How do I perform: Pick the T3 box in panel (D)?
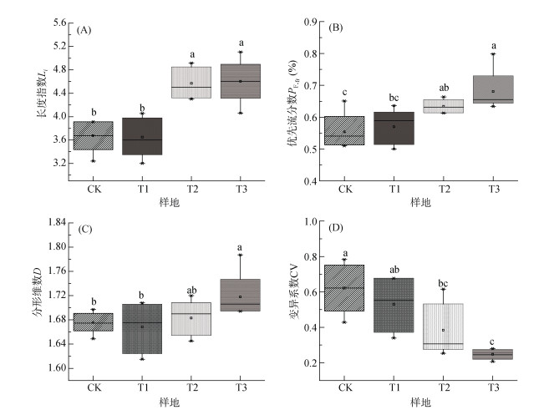coord(493,354)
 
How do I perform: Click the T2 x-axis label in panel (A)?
coord(191,189)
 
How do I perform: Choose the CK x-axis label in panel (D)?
coord(343,388)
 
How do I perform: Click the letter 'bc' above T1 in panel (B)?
coord(393,98)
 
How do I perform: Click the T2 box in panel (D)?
coord(443,326)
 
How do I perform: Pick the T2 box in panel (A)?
coord(191,83)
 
